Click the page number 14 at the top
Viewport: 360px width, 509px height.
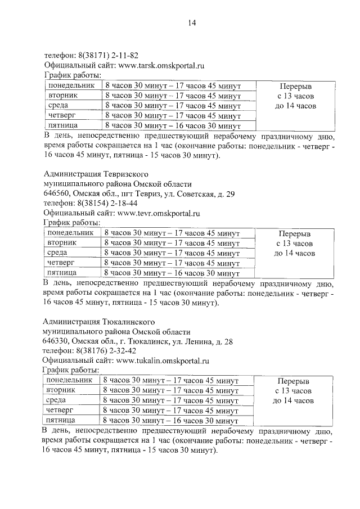(191, 23)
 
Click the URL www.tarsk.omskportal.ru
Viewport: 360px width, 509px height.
(160, 66)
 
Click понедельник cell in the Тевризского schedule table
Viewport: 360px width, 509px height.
(70, 233)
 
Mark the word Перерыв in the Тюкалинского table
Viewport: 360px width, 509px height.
(293, 381)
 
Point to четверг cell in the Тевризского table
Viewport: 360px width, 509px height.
(61, 263)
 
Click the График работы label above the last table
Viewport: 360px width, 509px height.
(71, 371)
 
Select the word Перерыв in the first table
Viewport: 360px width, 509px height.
(295, 85)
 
